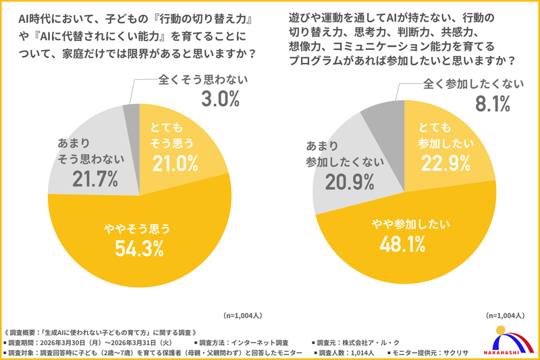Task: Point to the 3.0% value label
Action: [x=220, y=99]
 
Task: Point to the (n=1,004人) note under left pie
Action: [x=243, y=315]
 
